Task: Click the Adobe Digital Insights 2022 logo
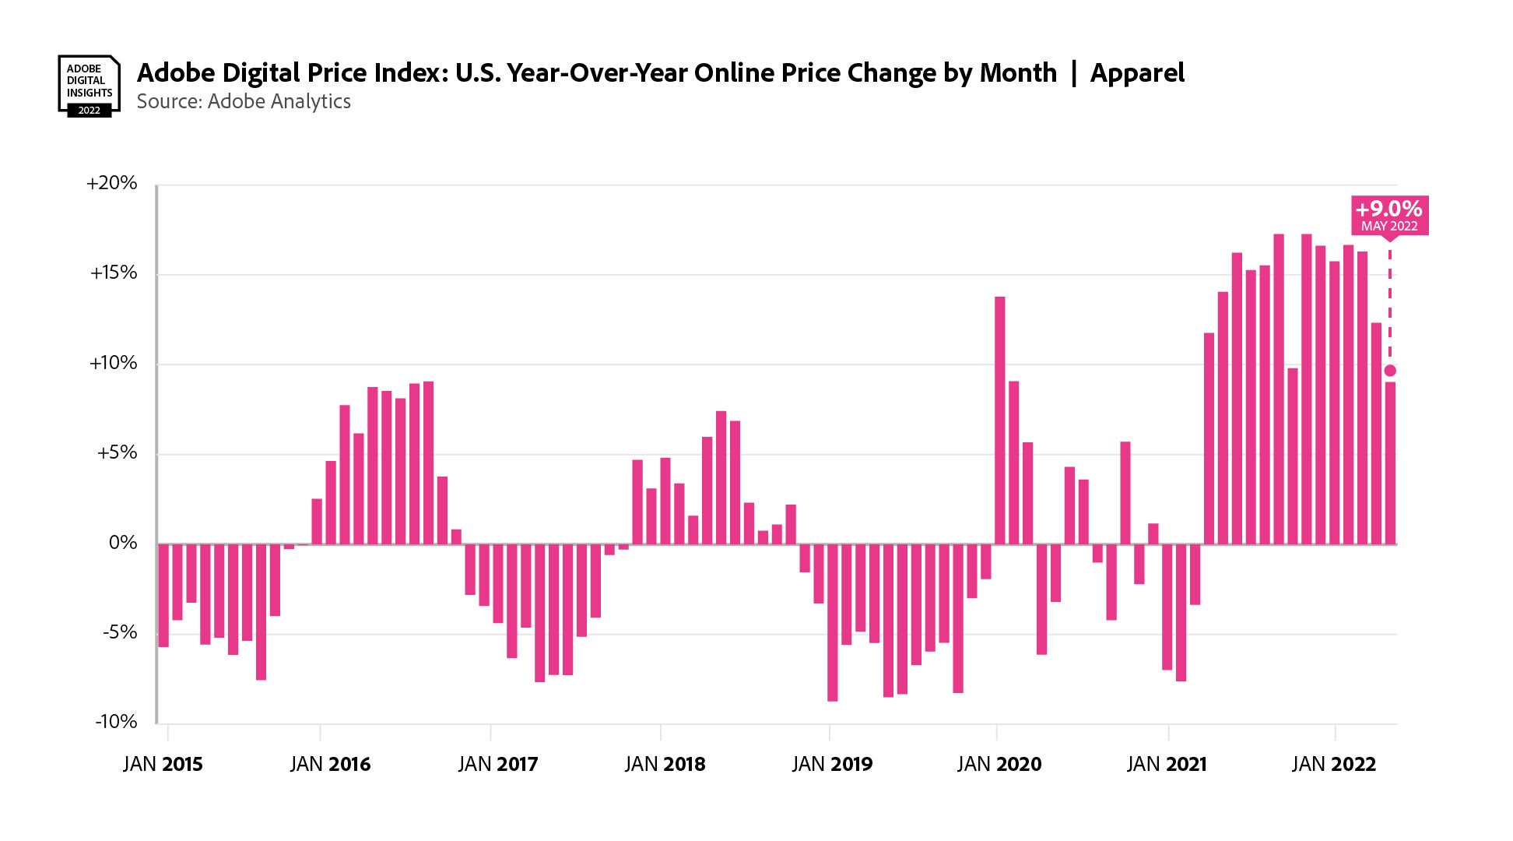pyautogui.click(x=89, y=86)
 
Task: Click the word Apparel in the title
pyautogui.click(x=1137, y=73)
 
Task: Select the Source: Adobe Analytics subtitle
pyautogui.click(x=244, y=102)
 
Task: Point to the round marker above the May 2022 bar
pyautogui.click(x=1390, y=371)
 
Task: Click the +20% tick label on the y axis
pyautogui.click(x=112, y=184)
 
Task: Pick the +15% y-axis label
pyautogui.click(x=114, y=273)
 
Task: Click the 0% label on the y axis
pyautogui.click(x=123, y=543)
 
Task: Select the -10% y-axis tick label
pyautogui.click(x=116, y=722)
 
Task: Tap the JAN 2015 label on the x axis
pyautogui.click(x=163, y=764)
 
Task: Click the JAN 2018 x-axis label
pyautogui.click(x=665, y=764)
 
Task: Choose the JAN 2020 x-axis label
pyautogui.click(x=999, y=764)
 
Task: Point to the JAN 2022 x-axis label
pyautogui.click(x=1334, y=764)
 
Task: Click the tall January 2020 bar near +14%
pyautogui.click(x=1000, y=420)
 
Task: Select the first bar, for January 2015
pyautogui.click(x=163, y=596)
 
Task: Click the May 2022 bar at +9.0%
pyautogui.click(x=1391, y=463)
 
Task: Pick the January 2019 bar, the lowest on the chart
pyautogui.click(x=833, y=623)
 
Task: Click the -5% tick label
pyautogui.click(x=119, y=632)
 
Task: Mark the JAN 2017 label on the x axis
pyautogui.click(x=498, y=764)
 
